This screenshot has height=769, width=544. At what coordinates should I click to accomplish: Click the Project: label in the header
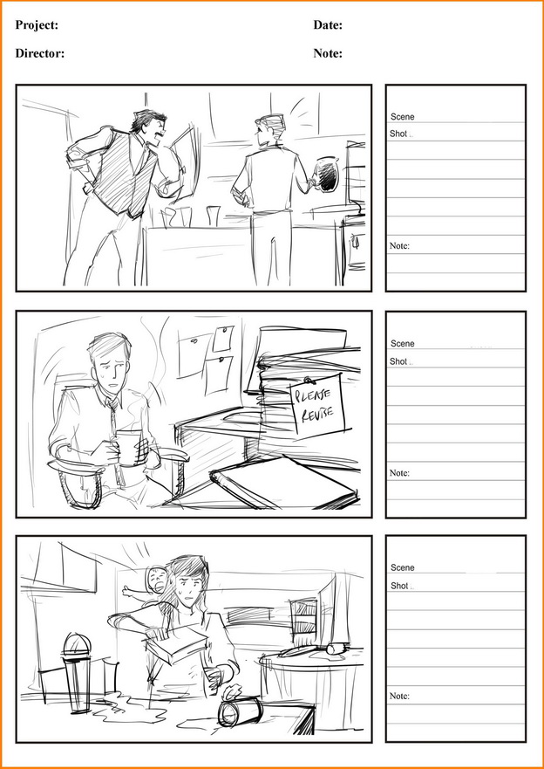(x=37, y=25)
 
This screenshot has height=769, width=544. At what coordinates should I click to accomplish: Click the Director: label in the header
(x=39, y=53)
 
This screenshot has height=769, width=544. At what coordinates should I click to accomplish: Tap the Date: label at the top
(x=328, y=25)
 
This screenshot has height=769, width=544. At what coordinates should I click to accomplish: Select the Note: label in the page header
(x=328, y=53)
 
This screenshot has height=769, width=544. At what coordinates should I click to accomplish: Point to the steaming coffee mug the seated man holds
(x=129, y=447)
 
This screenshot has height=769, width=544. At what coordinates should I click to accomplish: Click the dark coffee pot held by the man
(x=327, y=174)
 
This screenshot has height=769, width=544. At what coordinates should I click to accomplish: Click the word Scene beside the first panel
(x=403, y=117)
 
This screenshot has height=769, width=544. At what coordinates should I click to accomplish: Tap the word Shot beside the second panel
(x=398, y=361)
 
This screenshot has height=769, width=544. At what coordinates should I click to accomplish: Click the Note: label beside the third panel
(x=399, y=696)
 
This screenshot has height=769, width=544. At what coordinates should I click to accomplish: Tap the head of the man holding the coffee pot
(x=269, y=129)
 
